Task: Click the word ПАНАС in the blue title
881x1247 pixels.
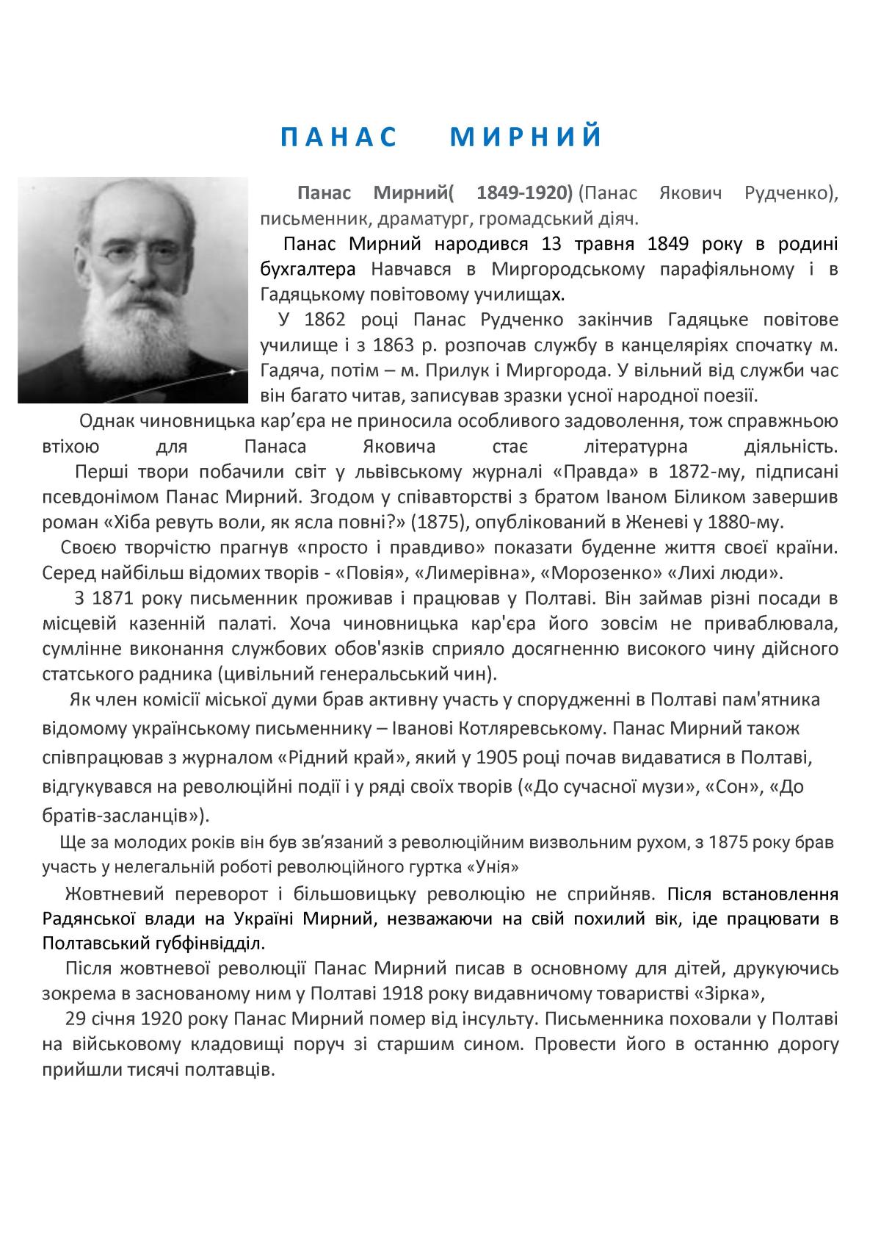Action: tap(338, 137)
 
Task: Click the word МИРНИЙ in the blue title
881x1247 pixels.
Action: tap(526, 137)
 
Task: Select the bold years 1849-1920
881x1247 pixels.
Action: tap(524, 194)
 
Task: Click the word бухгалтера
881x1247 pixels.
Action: tap(308, 269)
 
